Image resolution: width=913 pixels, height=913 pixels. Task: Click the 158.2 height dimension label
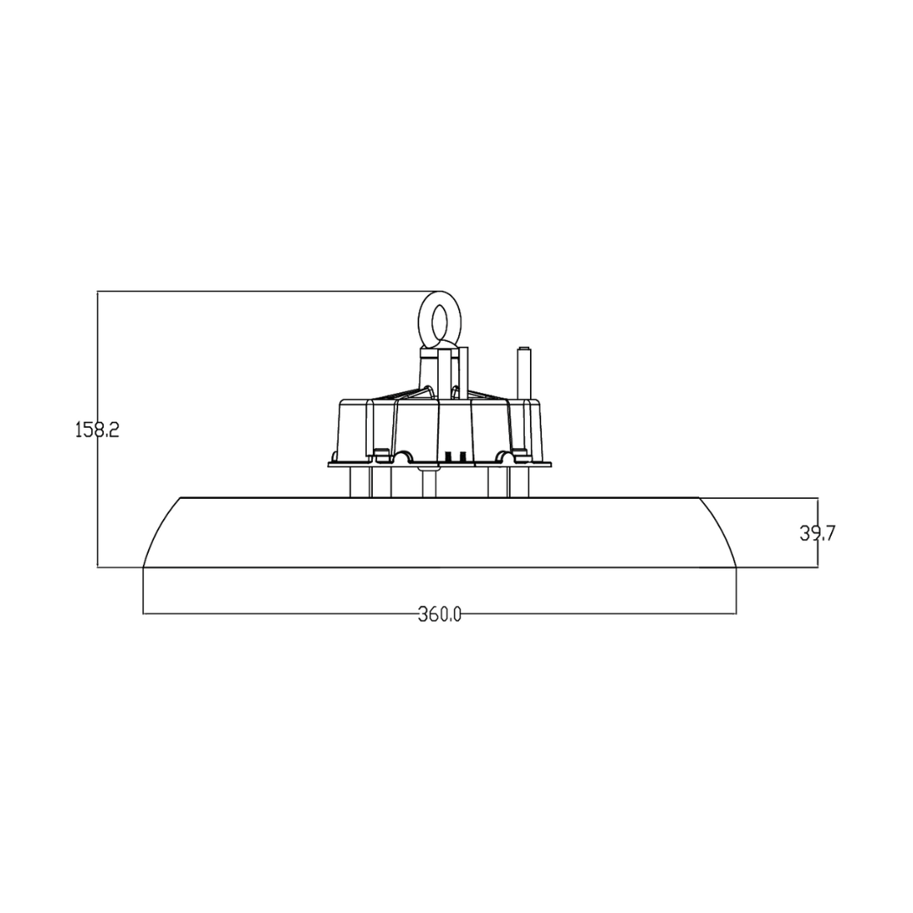97,429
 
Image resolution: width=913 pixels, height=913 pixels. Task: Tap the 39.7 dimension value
817,533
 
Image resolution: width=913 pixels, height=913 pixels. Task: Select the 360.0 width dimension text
440,614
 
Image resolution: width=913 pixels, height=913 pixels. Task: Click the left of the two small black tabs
448,456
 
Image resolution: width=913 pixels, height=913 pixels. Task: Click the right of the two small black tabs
459,456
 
